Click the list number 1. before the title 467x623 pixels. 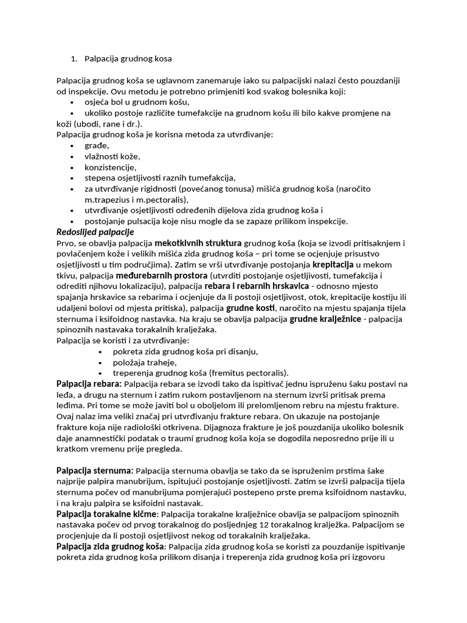pyautogui.click(x=74, y=59)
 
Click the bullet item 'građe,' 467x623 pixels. pyautogui.click(x=97, y=145)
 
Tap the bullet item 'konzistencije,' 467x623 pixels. pyautogui.click(x=111, y=167)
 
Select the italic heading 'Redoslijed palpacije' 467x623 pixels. pyautogui.click(x=95, y=232)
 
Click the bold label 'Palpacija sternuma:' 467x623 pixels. pyautogui.click(x=95, y=471)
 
